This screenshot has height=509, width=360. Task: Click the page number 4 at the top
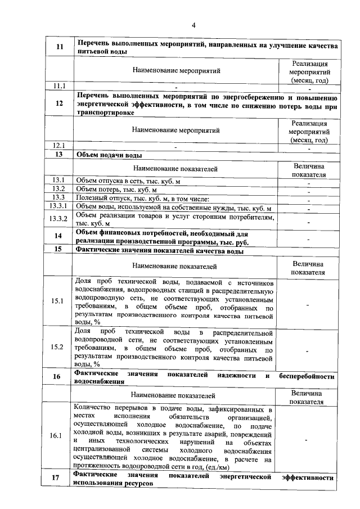[193, 25]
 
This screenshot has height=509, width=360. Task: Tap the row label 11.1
[59, 86]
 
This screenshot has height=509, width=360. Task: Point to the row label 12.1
[59, 145]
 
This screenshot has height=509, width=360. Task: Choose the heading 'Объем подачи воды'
[109, 155]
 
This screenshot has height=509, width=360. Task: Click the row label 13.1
[59, 179]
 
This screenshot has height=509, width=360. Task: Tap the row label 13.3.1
[59, 208]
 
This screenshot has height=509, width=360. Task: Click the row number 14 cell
[59, 236]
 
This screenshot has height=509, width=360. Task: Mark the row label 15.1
[59, 301]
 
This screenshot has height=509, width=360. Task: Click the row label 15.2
[59, 347]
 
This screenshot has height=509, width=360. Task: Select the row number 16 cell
[59, 377]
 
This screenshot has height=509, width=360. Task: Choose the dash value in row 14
[308, 238]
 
